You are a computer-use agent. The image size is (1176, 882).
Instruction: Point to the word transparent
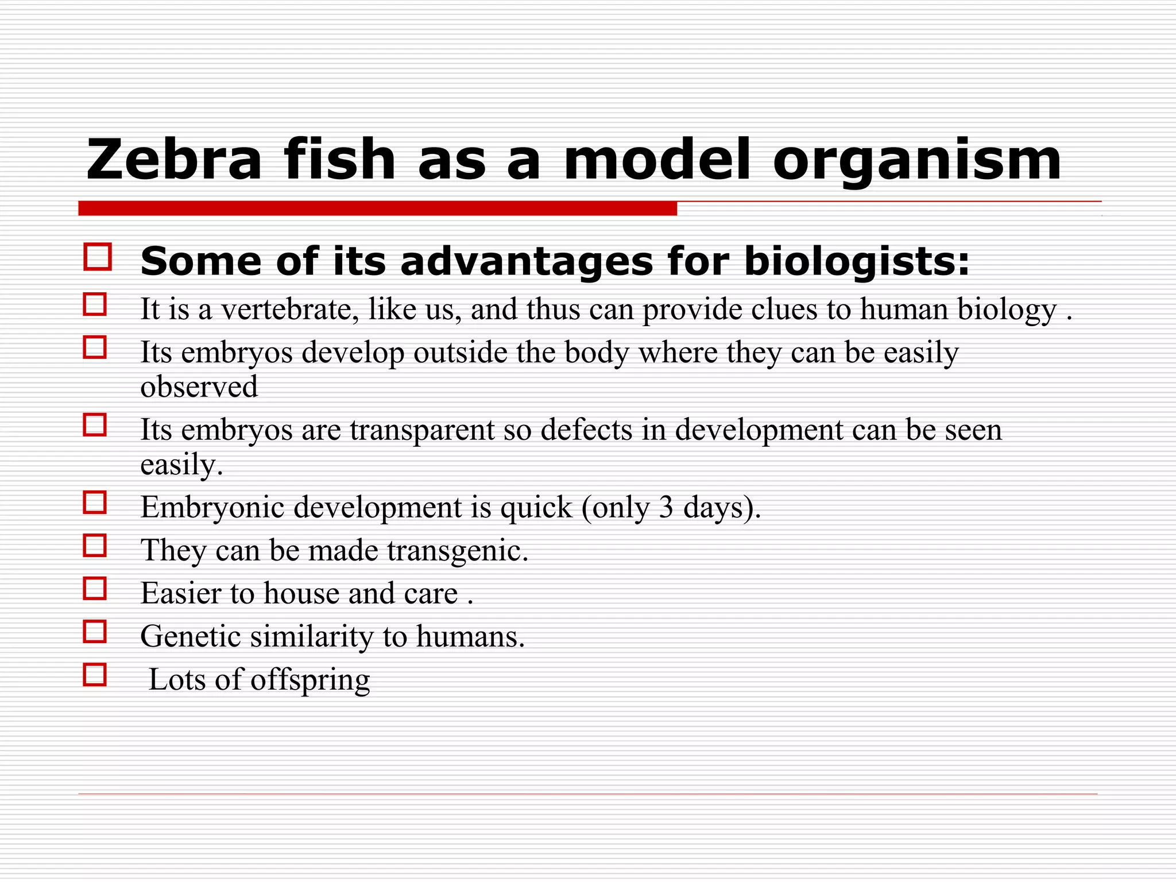(422, 430)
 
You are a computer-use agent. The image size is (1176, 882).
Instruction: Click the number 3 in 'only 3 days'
(666, 507)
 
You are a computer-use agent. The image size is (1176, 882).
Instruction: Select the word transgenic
(458, 551)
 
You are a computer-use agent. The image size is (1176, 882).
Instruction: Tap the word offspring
(310, 681)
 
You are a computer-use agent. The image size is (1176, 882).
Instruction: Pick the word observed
(199, 386)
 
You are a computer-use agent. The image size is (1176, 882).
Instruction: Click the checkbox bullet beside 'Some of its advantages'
(98, 257)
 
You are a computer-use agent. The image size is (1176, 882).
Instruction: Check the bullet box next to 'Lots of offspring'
(95, 675)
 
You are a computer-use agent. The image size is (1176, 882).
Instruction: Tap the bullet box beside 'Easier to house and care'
(95, 589)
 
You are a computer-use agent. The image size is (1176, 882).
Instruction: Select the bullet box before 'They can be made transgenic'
(95, 546)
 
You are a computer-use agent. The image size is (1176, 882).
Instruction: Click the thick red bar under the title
(377, 208)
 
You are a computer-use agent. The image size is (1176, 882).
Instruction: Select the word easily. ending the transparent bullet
(181, 465)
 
